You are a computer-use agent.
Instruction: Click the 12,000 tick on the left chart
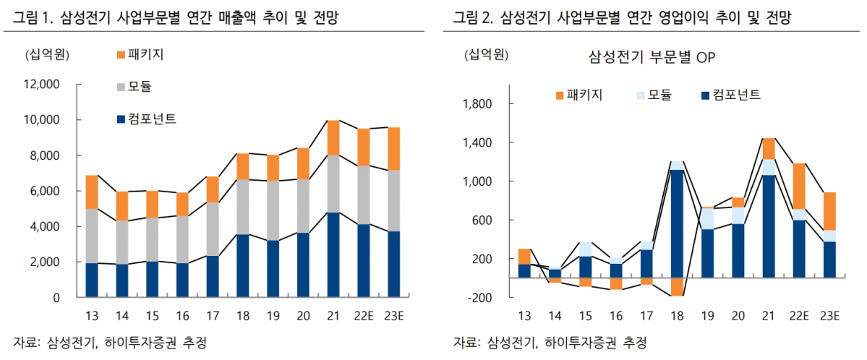43,85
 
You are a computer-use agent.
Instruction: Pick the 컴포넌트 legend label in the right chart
736,95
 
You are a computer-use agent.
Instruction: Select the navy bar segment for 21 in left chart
333,254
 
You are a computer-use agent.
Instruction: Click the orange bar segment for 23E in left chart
393,149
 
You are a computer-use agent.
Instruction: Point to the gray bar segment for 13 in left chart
92,236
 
